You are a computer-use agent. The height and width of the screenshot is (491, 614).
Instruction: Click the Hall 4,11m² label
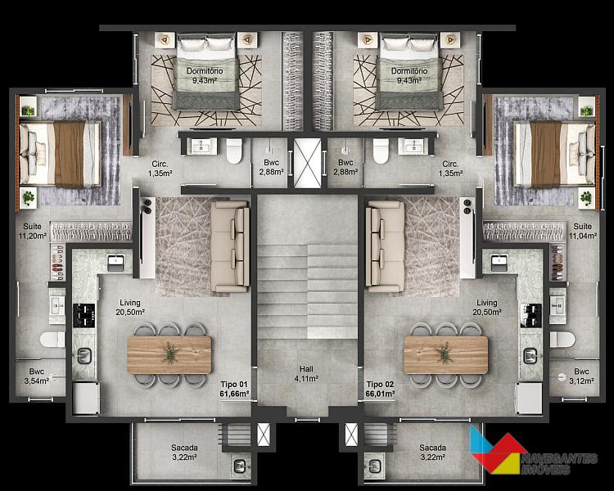pyautogui.click(x=306, y=373)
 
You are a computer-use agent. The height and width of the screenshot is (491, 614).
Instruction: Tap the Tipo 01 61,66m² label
pyautogui.click(x=235, y=389)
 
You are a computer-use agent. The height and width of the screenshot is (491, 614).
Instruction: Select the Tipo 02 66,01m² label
pyautogui.click(x=380, y=389)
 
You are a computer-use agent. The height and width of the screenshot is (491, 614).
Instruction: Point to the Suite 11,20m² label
pyautogui.click(x=33, y=231)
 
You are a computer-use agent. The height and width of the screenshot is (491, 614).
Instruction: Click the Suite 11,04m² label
pyautogui.click(x=583, y=231)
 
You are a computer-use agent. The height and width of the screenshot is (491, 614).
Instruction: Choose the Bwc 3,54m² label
pyautogui.click(x=37, y=376)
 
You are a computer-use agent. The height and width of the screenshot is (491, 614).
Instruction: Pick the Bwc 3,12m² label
pyautogui.click(x=581, y=376)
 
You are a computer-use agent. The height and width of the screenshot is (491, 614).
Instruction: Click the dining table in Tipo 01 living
pyautogui.click(x=169, y=354)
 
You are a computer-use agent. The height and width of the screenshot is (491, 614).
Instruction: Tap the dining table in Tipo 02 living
pyautogui.click(x=446, y=354)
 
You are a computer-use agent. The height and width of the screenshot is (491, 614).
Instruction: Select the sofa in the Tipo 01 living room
pyautogui.click(x=230, y=246)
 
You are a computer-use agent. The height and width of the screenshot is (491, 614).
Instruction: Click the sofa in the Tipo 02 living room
pyautogui.click(x=385, y=246)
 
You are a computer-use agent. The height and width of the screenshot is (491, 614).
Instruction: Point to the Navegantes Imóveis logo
pyautogui.click(x=533, y=453)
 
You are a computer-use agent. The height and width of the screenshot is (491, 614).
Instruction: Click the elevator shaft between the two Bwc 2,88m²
pyautogui.click(x=307, y=163)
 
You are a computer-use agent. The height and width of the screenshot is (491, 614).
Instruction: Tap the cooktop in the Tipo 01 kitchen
pyautogui.click(x=84, y=315)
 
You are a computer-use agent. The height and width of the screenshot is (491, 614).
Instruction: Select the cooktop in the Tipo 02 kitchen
pyautogui.click(x=531, y=315)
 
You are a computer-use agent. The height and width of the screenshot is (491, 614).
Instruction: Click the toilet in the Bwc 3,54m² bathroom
pyautogui.click(x=52, y=340)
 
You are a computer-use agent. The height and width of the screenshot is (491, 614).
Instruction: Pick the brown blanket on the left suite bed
pyautogui.click(x=70, y=154)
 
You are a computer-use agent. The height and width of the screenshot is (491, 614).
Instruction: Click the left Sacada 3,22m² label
pyautogui.click(x=184, y=453)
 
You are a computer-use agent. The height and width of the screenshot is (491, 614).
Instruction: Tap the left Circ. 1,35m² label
pyautogui.click(x=160, y=169)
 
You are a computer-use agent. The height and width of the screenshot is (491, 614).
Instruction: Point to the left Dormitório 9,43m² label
pyautogui.click(x=205, y=75)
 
